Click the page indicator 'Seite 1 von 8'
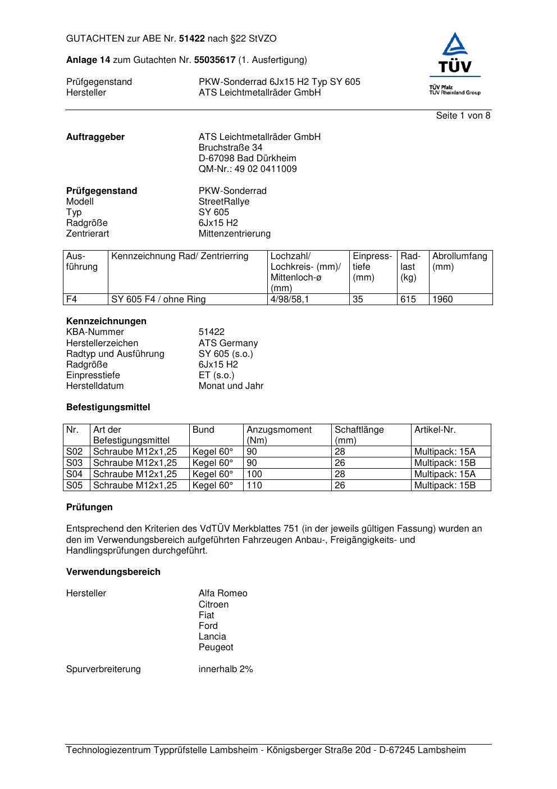[x=463, y=116]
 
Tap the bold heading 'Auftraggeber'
[x=95, y=137]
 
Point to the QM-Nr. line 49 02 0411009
[x=248, y=169]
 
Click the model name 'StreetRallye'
[x=223, y=202]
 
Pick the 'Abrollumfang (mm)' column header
[x=459, y=261]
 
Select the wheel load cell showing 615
[x=408, y=300]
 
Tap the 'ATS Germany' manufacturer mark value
[x=228, y=343]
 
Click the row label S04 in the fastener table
[x=75, y=474]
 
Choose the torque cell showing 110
[x=254, y=486]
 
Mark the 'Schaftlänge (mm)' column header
[x=359, y=435]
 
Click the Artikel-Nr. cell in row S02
[x=445, y=452]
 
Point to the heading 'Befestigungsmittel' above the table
[x=108, y=407]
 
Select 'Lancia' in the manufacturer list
[x=212, y=637]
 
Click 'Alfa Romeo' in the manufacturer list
[x=223, y=593]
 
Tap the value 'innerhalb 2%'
[x=226, y=669]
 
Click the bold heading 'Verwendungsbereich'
[x=113, y=572]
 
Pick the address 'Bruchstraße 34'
[x=230, y=148]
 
